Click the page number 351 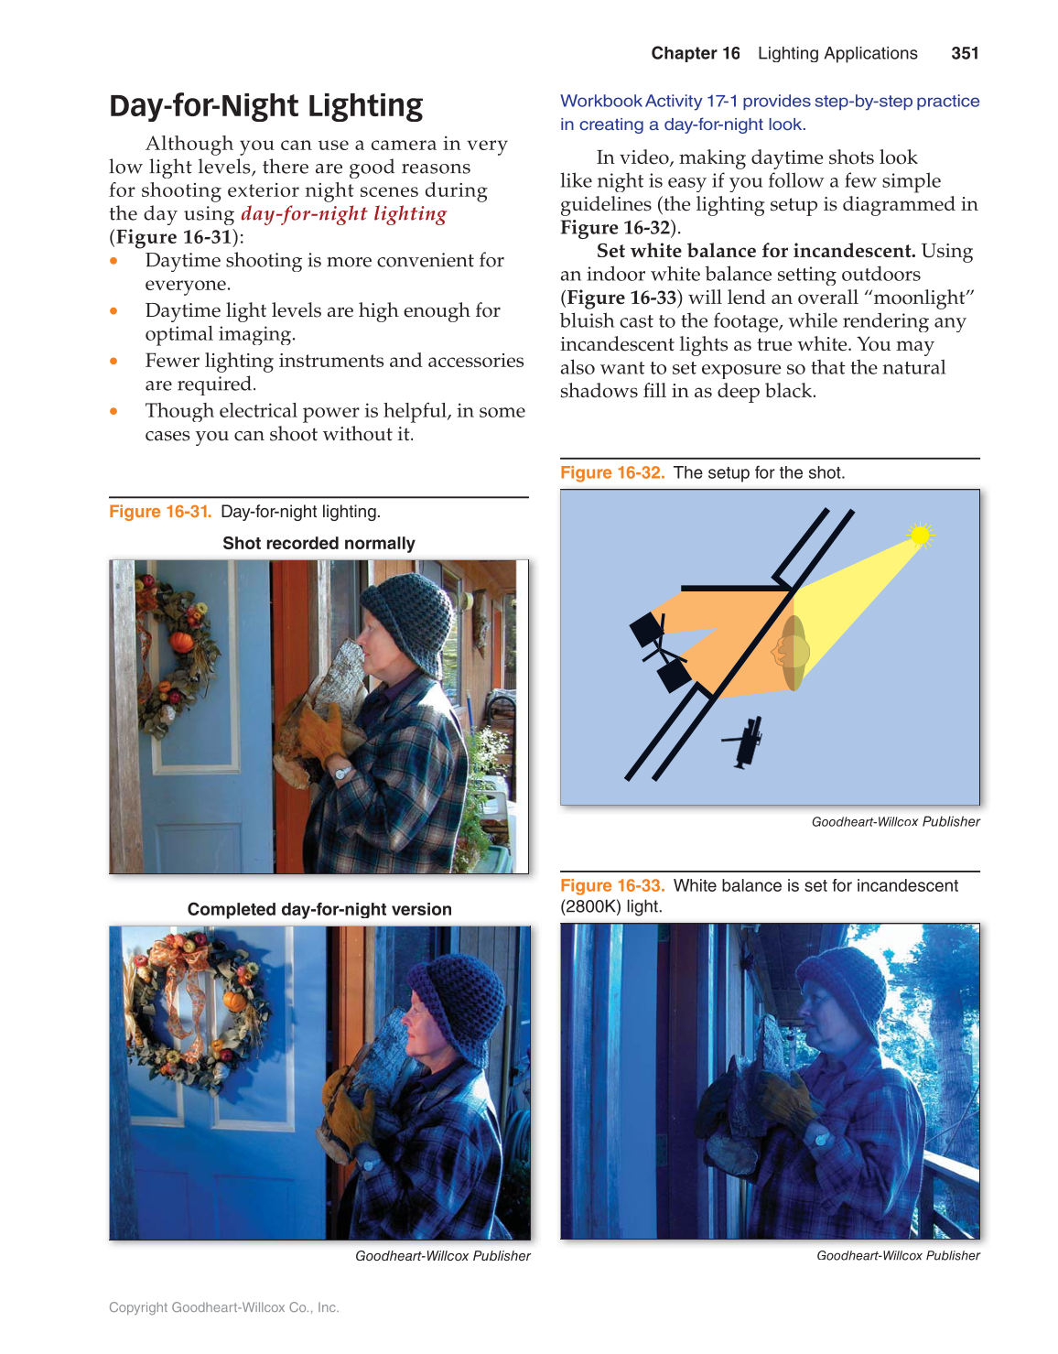965,53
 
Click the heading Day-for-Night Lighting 265,106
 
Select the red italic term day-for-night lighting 343,213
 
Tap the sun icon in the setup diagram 920,535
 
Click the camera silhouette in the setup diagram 745,741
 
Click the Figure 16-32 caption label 611,472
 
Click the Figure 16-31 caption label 160,512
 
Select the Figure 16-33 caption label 611,885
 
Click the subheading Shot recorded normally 318,543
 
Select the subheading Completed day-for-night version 319,909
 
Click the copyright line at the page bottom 223,1307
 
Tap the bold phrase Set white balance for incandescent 755,251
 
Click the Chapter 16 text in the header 695,53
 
